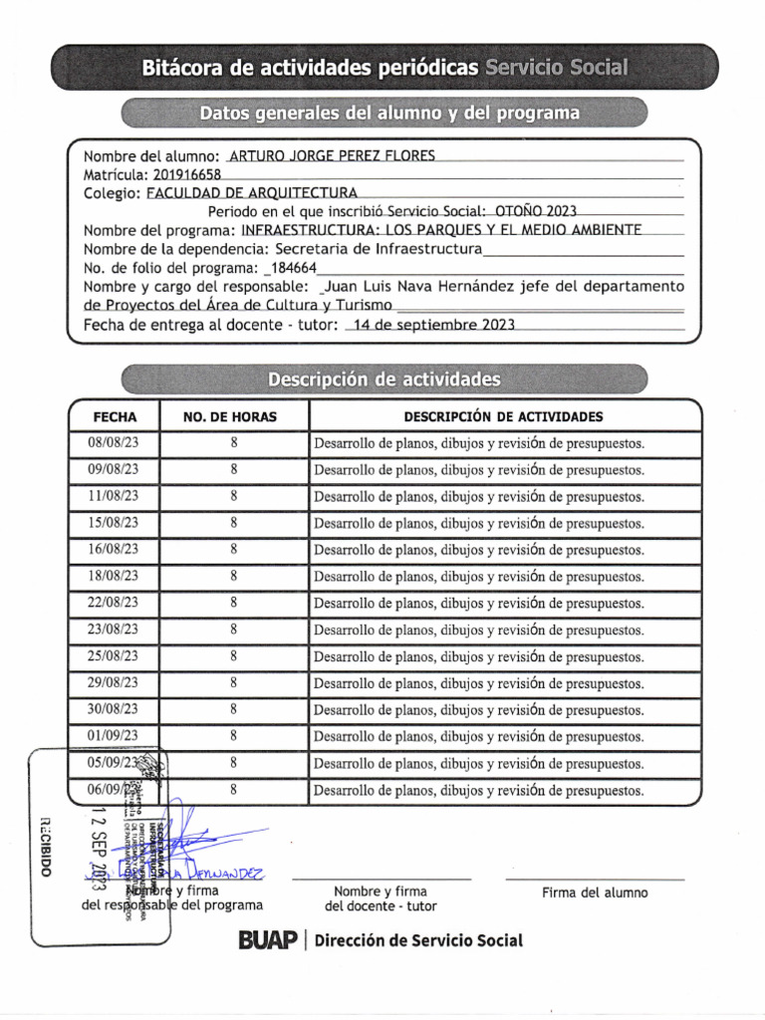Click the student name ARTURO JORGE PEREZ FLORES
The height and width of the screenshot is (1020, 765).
pyautogui.click(x=332, y=156)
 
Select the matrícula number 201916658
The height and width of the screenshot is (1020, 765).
pyautogui.click(x=187, y=174)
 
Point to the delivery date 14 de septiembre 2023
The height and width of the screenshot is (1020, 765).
pyautogui.click(x=427, y=325)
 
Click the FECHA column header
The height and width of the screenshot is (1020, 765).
pyautogui.click(x=115, y=416)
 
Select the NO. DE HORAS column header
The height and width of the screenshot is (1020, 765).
pyautogui.click(x=233, y=416)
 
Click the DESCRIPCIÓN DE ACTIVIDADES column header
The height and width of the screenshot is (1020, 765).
pyautogui.click(x=503, y=416)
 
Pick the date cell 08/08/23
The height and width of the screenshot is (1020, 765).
pyautogui.click(x=114, y=443)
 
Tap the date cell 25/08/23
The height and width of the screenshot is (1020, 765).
pyautogui.click(x=114, y=656)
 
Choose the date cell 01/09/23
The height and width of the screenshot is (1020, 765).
pyautogui.click(x=114, y=736)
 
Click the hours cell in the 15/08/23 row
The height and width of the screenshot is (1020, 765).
pyautogui.click(x=233, y=523)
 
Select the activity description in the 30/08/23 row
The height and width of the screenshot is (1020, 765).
pyautogui.click(x=478, y=710)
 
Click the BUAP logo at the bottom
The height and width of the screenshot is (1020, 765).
pyautogui.click(x=268, y=940)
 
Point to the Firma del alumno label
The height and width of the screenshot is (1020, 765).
pyautogui.click(x=595, y=892)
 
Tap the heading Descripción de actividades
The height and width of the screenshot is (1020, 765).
pyautogui.click(x=383, y=380)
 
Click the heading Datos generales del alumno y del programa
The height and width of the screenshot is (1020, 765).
pyautogui.click(x=389, y=113)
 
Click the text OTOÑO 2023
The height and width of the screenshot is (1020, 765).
pyautogui.click(x=535, y=211)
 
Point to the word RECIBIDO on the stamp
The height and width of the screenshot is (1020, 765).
pyautogui.click(x=45, y=846)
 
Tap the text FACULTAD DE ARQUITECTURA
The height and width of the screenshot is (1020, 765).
pyautogui.click(x=252, y=193)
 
